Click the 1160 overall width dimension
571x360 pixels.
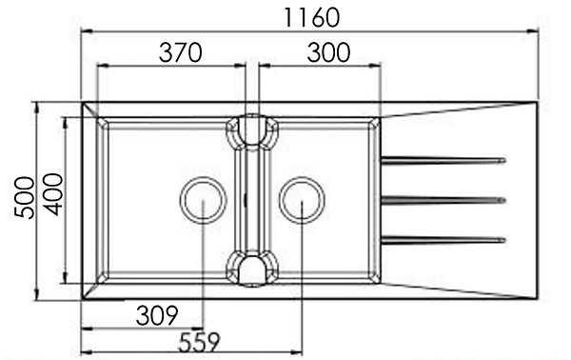coord(311,17)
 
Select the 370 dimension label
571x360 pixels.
coord(180,52)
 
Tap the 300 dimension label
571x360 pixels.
coord(328,52)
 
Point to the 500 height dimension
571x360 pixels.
coord(25,197)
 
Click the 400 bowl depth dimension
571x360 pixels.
coord(53,194)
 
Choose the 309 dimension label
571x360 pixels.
coord(157,315)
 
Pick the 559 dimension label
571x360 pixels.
coord(199,342)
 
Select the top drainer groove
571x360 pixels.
coord(443,160)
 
